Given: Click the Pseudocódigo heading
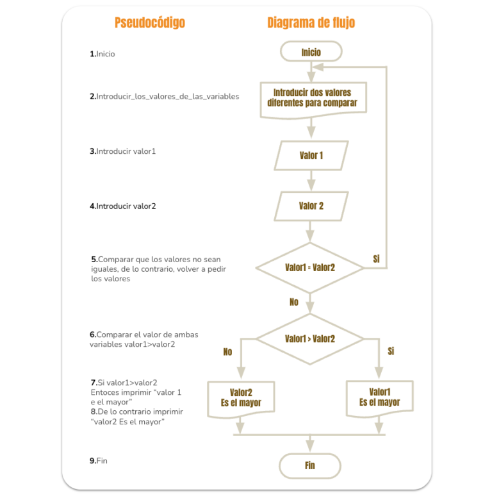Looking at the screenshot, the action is click(x=150, y=22).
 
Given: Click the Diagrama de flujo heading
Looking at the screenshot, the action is click(x=311, y=22).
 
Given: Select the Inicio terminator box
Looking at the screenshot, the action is click(x=311, y=51).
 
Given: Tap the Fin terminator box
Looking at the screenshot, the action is click(x=310, y=466).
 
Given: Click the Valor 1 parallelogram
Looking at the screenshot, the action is click(x=311, y=156).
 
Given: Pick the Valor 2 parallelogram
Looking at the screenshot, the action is click(x=311, y=206).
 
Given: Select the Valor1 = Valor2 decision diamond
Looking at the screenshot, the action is click(x=310, y=268).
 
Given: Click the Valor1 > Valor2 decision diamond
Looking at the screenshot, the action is click(x=310, y=339).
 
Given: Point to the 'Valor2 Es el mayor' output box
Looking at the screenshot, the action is click(x=241, y=399).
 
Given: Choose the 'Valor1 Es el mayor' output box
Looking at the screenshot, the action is click(x=380, y=397).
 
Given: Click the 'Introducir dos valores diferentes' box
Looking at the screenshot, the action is click(x=313, y=100).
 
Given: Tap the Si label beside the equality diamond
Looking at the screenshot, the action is click(x=376, y=259).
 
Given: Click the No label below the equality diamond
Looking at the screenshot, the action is click(x=294, y=302).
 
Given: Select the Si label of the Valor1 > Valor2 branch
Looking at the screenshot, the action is click(x=391, y=351).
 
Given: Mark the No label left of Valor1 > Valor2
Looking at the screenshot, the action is click(x=227, y=352).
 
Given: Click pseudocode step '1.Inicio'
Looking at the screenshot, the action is click(x=102, y=54).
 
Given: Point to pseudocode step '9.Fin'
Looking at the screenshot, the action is click(x=99, y=461).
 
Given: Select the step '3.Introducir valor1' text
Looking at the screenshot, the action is click(x=122, y=151).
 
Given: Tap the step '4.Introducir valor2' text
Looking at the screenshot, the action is click(x=122, y=206).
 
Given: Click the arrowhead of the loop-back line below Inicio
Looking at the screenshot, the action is click(x=318, y=67).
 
